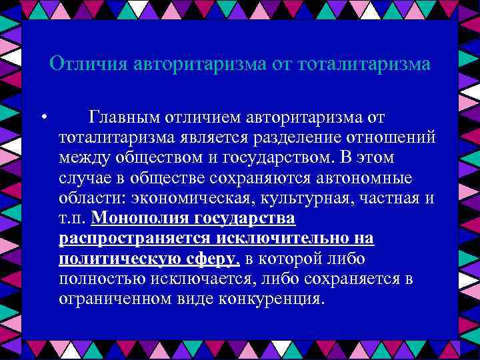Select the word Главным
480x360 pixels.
click(127, 117)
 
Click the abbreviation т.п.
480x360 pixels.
click(72, 218)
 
